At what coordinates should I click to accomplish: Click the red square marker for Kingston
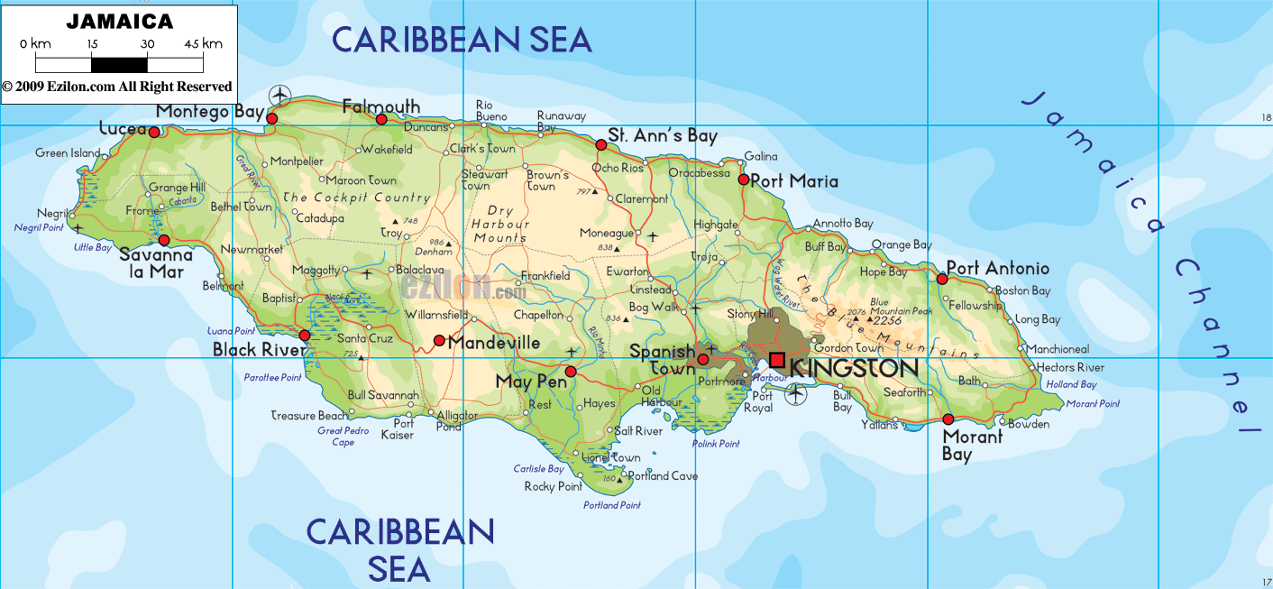pos(776,360)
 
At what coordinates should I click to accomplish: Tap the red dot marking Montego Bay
pos(271,117)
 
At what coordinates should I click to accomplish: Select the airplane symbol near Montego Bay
pos(281,93)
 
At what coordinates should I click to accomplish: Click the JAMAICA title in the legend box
pos(119,20)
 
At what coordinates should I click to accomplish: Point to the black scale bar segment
pos(119,64)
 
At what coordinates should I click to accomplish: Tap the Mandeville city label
pos(494,343)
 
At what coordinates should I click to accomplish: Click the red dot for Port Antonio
pos(942,279)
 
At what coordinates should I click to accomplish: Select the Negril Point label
pos(39,228)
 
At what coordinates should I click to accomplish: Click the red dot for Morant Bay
pos(948,419)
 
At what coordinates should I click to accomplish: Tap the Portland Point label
pos(611,505)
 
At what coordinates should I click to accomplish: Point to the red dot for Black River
pos(305,336)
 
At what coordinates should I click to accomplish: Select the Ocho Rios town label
pos(618,169)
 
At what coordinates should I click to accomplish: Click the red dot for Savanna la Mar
pos(164,240)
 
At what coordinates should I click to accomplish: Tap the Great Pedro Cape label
pos(343,437)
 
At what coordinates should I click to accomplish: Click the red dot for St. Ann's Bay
pos(600,144)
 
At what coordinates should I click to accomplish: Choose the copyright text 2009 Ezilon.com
pos(117,87)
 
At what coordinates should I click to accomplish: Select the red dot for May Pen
pos(570,371)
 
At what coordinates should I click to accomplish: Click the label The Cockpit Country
pos(356,198)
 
